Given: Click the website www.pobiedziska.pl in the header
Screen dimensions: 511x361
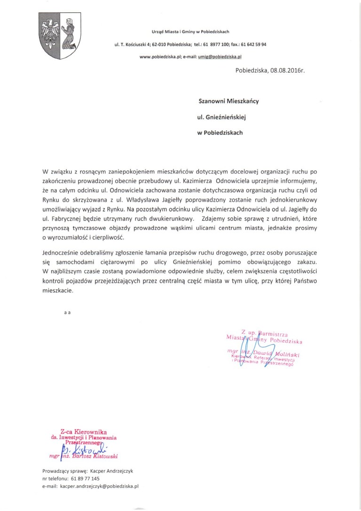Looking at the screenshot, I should pos(160,56).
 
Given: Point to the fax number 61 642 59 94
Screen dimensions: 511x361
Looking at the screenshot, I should pos(253,44).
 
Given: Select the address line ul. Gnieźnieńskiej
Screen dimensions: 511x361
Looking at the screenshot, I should pos(225,117).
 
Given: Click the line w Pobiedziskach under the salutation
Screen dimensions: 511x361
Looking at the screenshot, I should pos(220,133).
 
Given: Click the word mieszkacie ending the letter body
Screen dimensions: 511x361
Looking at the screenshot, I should pos(58,291).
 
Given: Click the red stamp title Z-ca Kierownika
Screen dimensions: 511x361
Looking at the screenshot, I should pos(84,431).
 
